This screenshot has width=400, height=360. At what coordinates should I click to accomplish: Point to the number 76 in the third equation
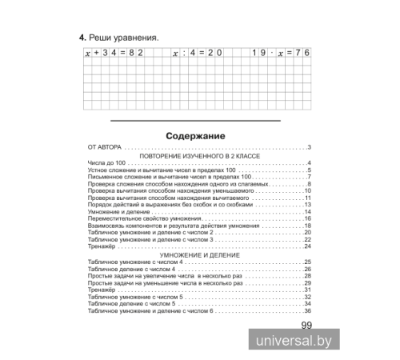302,54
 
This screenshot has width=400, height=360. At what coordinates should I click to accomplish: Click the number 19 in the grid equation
259,54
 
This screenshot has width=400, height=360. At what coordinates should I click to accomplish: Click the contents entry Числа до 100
102,164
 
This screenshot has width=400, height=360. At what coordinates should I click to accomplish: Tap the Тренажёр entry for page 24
98,246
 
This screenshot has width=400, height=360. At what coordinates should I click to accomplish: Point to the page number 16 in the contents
306,218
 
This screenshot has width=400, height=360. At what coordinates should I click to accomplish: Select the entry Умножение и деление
117,211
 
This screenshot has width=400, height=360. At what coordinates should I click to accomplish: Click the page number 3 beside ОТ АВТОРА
308,148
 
